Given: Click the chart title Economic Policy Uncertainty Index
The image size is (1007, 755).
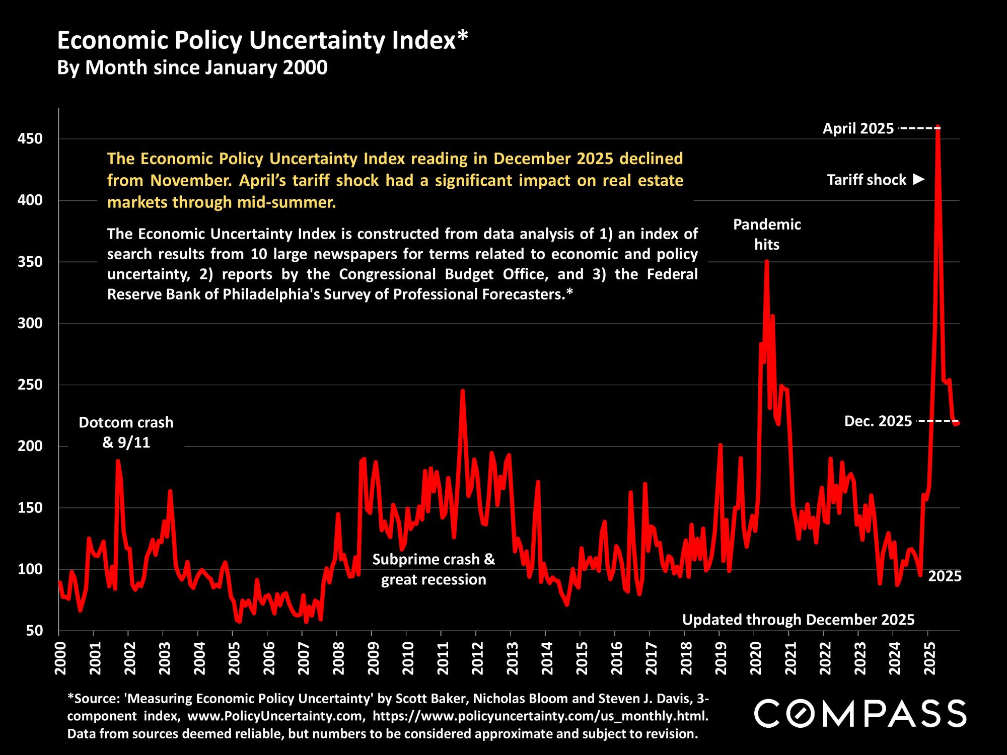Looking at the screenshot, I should click(x=262, y=41).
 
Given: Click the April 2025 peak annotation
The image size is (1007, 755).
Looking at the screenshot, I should click(x=858, y=129).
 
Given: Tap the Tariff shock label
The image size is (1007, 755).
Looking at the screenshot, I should click(x=867, y=180).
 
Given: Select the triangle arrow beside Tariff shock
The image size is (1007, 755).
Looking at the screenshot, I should click(x=919, y=179).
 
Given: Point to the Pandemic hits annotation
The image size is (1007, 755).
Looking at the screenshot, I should click(x=767, y=235).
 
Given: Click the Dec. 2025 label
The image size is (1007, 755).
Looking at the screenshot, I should click(x=878, y=421).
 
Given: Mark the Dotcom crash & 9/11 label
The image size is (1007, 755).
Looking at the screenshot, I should click(x=126, y=432).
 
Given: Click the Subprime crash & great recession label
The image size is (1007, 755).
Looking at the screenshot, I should click(x=434, y=570).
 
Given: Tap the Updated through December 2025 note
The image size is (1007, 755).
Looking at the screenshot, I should click(x=798, y=620).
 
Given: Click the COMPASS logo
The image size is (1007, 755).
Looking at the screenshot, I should click(x=860, y=713).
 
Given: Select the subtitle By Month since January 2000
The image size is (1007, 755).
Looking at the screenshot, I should click(x=192, y=67).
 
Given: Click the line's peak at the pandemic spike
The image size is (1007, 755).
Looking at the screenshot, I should click(x=766, y=261).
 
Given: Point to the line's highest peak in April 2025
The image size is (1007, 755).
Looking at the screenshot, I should click(x=938, y=127).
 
